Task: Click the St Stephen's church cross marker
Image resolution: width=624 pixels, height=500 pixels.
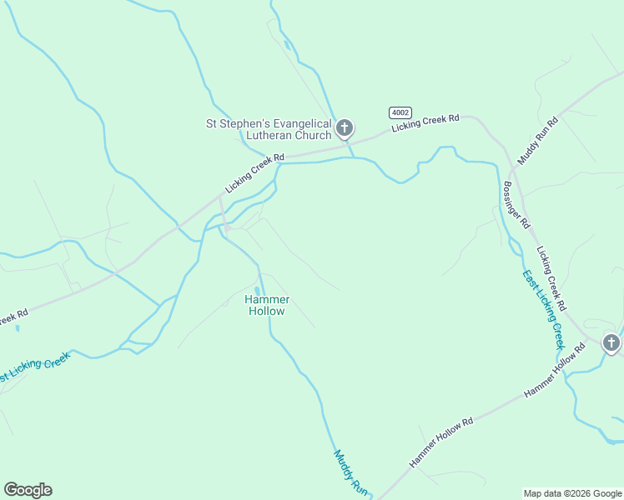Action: click(345, 129)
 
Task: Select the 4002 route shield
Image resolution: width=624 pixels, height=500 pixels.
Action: click(399, 112)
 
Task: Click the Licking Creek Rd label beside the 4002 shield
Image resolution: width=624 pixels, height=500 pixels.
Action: click(425, 122)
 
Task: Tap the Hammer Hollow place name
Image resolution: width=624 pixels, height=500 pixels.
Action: click(267, 305)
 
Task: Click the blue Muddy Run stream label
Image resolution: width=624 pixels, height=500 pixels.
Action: click(350, 472)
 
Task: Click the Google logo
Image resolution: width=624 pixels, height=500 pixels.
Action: click(28, 489)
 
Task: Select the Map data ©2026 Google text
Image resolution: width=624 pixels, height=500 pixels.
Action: click(571, 492)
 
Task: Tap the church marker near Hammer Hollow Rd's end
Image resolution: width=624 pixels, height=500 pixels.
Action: click(611, 342)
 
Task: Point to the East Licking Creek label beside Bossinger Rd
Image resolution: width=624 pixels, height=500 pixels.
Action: click(544, 308)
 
